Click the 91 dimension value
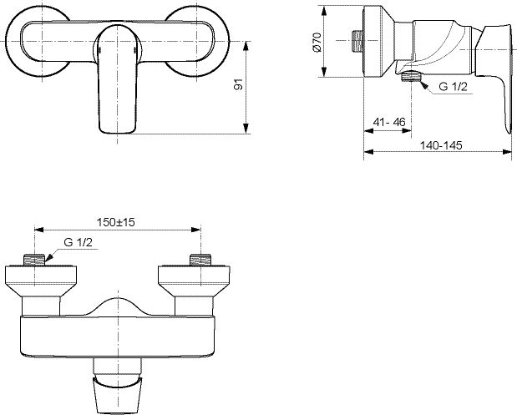click(238, 84)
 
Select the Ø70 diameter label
click(317, 43)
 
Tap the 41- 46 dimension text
click(389, 122)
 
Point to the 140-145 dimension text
click(441, 145)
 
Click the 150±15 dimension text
click(116, 222)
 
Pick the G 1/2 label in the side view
click(453, 87)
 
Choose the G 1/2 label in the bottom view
click(79, 242)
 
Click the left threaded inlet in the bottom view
click(34, 260)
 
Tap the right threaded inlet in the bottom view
click(200, 260)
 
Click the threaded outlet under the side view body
click(411, 76)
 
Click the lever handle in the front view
click(118, 79)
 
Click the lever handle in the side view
click(494, 79)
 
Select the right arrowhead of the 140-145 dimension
click(507, 152)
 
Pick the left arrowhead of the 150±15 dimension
click(39, 230)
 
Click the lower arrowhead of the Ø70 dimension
click(324, 72)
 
